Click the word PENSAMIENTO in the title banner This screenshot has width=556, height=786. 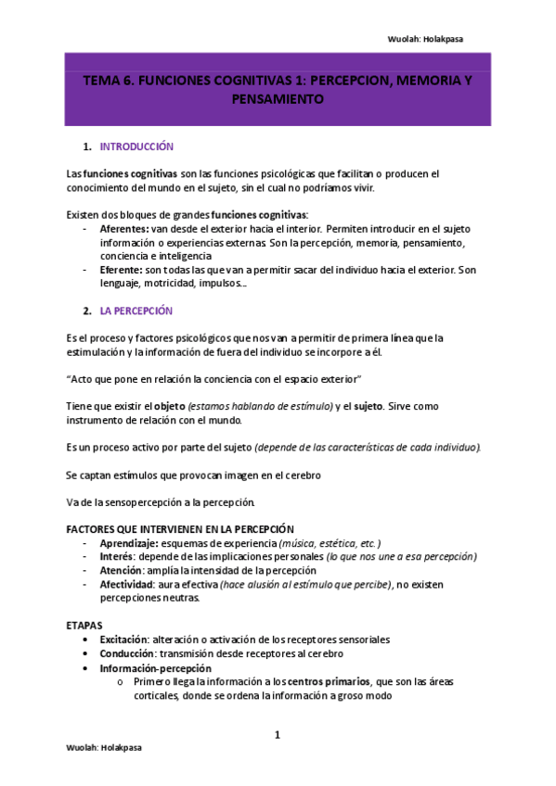278,99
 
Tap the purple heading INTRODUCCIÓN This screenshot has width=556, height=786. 136,146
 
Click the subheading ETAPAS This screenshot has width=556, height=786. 86,626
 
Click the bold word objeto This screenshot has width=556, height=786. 169,407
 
